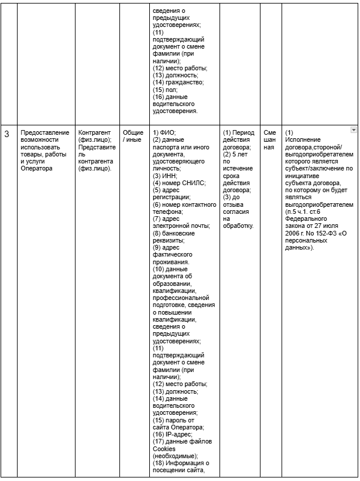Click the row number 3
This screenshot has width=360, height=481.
coord(7,134)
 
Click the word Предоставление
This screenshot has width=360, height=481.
coord(44,132)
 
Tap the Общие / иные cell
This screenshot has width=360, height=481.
coord(132,136)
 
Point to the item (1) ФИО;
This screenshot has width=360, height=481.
coord(164,132)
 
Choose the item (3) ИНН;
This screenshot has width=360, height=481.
coord(165,175)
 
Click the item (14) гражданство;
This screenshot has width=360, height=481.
coord(178,83)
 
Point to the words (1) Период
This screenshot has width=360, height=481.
coord(239,132)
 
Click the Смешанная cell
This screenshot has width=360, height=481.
coord(269,139)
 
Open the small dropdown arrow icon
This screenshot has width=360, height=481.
coord(353,129)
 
